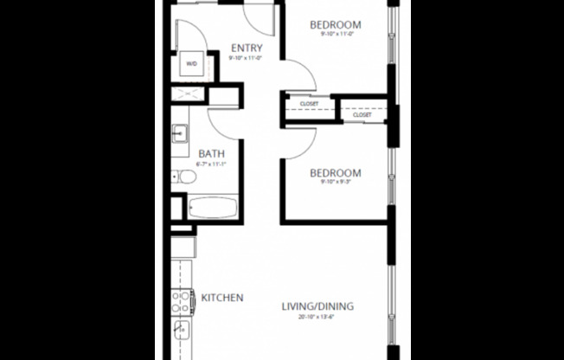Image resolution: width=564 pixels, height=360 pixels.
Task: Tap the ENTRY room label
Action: tap(247, 48)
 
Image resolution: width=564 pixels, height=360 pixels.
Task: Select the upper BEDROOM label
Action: tap(335, 24)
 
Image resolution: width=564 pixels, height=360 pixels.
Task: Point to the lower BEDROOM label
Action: tap(335, 173)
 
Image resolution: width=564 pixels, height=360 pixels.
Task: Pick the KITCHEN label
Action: tap(222, 298)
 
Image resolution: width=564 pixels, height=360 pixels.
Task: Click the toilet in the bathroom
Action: tap(186, 177)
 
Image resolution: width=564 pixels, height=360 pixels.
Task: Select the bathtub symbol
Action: tap(212, 209)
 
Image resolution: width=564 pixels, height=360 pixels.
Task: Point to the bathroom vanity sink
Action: tap(181, 133)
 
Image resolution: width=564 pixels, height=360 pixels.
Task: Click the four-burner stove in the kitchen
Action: tap(181, 300)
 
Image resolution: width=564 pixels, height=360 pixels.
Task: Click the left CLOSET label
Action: tap(309, 104)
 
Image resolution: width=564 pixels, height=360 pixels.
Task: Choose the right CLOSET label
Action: tap(362, 114)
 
